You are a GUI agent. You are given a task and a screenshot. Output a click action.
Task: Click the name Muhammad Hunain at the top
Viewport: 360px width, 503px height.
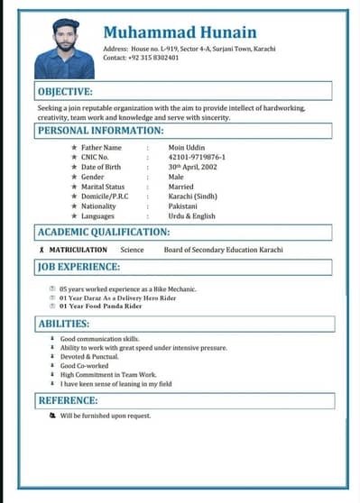tap(179, 32)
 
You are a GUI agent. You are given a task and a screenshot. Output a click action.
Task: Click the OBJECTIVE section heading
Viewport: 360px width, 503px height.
tap(65, 92)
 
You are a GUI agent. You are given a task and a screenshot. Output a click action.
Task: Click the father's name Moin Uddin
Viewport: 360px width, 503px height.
tap(188, 147)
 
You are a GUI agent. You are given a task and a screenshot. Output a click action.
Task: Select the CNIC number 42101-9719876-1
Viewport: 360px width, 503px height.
tap(197, 157)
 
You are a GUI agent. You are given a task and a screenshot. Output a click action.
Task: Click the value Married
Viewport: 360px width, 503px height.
tap(183, 187)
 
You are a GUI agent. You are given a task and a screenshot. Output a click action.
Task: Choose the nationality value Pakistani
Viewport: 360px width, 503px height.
tap(183, 206)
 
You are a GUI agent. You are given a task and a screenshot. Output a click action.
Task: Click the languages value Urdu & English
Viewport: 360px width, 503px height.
tap(192, 216)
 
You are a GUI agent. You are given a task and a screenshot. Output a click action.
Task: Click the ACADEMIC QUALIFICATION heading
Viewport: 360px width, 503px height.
tap(104, 233)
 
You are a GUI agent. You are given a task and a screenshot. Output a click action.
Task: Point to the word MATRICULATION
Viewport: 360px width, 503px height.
tap(78, 250)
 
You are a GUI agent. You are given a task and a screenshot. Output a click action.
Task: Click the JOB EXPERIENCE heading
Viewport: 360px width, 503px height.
tap(79, 267)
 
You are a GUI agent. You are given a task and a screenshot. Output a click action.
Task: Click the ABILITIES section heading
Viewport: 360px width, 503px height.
tap(63, 324)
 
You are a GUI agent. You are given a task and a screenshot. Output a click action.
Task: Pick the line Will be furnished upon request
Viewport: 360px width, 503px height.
tap(106, 416)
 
